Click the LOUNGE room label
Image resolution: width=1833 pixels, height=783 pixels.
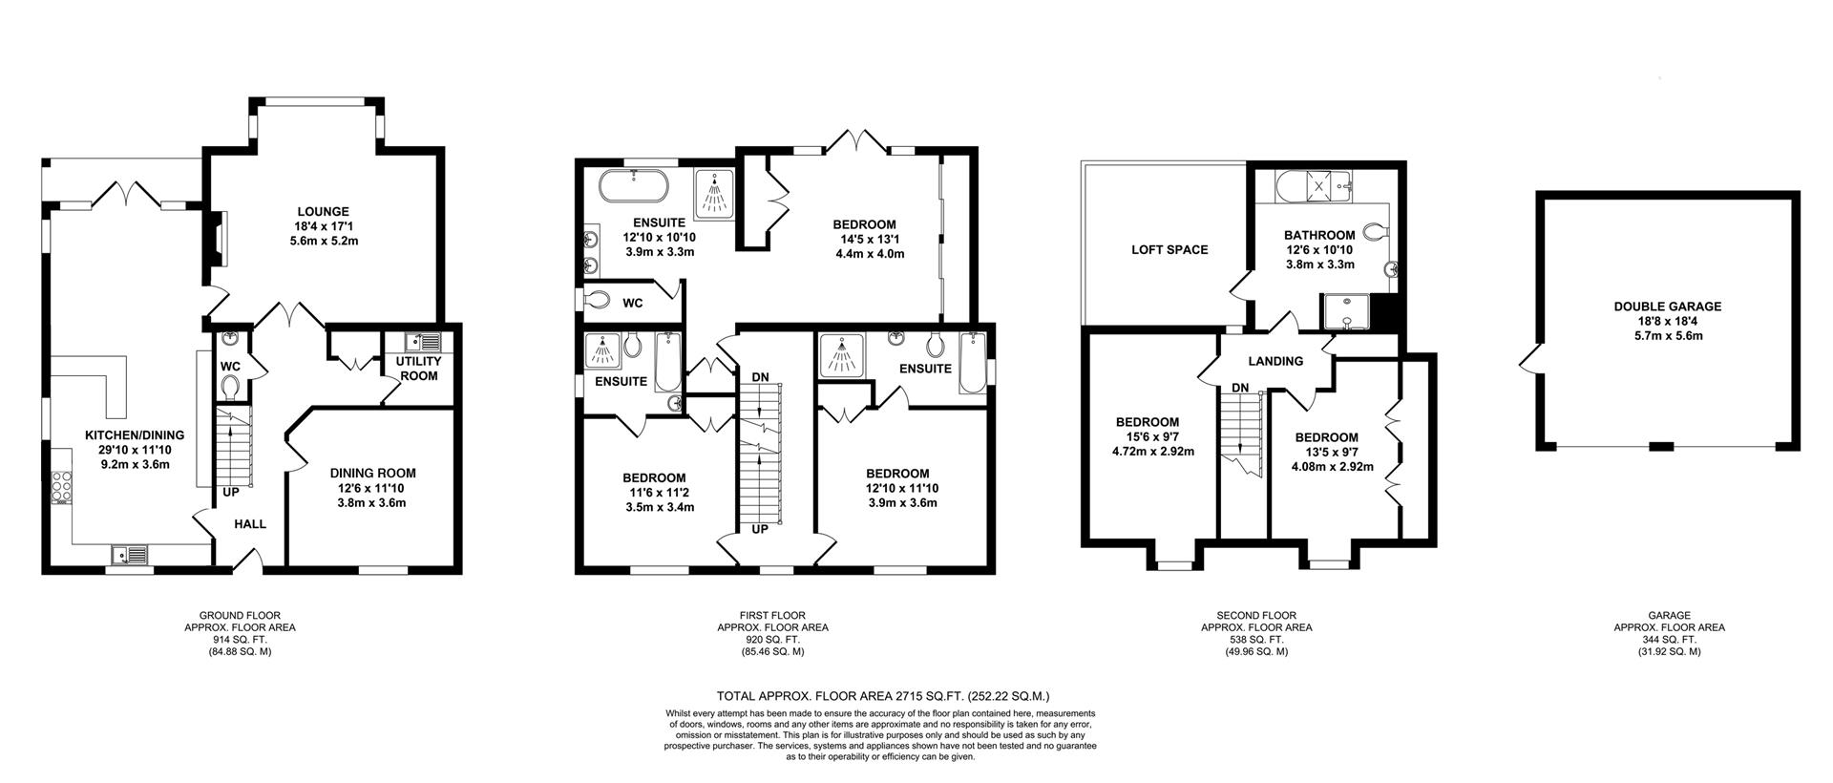tap(323, 212)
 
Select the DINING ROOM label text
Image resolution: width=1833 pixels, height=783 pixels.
tap(372, 473)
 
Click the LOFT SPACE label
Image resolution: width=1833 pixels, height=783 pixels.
tap(1169, 250)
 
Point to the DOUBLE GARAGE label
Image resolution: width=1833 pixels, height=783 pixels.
tap(1667, 307)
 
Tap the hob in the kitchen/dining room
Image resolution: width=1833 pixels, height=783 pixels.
tap(63, 488)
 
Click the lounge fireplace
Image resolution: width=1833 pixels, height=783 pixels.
tap(218, 239)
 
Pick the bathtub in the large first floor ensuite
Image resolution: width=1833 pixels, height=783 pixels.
tap(633, 186)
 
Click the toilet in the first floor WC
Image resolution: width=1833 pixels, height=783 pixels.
tap(597, 301)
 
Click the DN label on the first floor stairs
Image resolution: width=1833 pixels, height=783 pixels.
tap(760, 377)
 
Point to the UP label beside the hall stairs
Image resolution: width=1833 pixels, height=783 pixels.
tap(231, 493)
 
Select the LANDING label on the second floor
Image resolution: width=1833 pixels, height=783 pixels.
tap(1275, 361)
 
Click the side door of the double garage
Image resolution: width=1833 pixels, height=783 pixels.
tap(1529, 360)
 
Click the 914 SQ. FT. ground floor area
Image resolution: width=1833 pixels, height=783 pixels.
tap(240, 640)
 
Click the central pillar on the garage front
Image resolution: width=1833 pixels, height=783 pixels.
tap(1662, 446)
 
